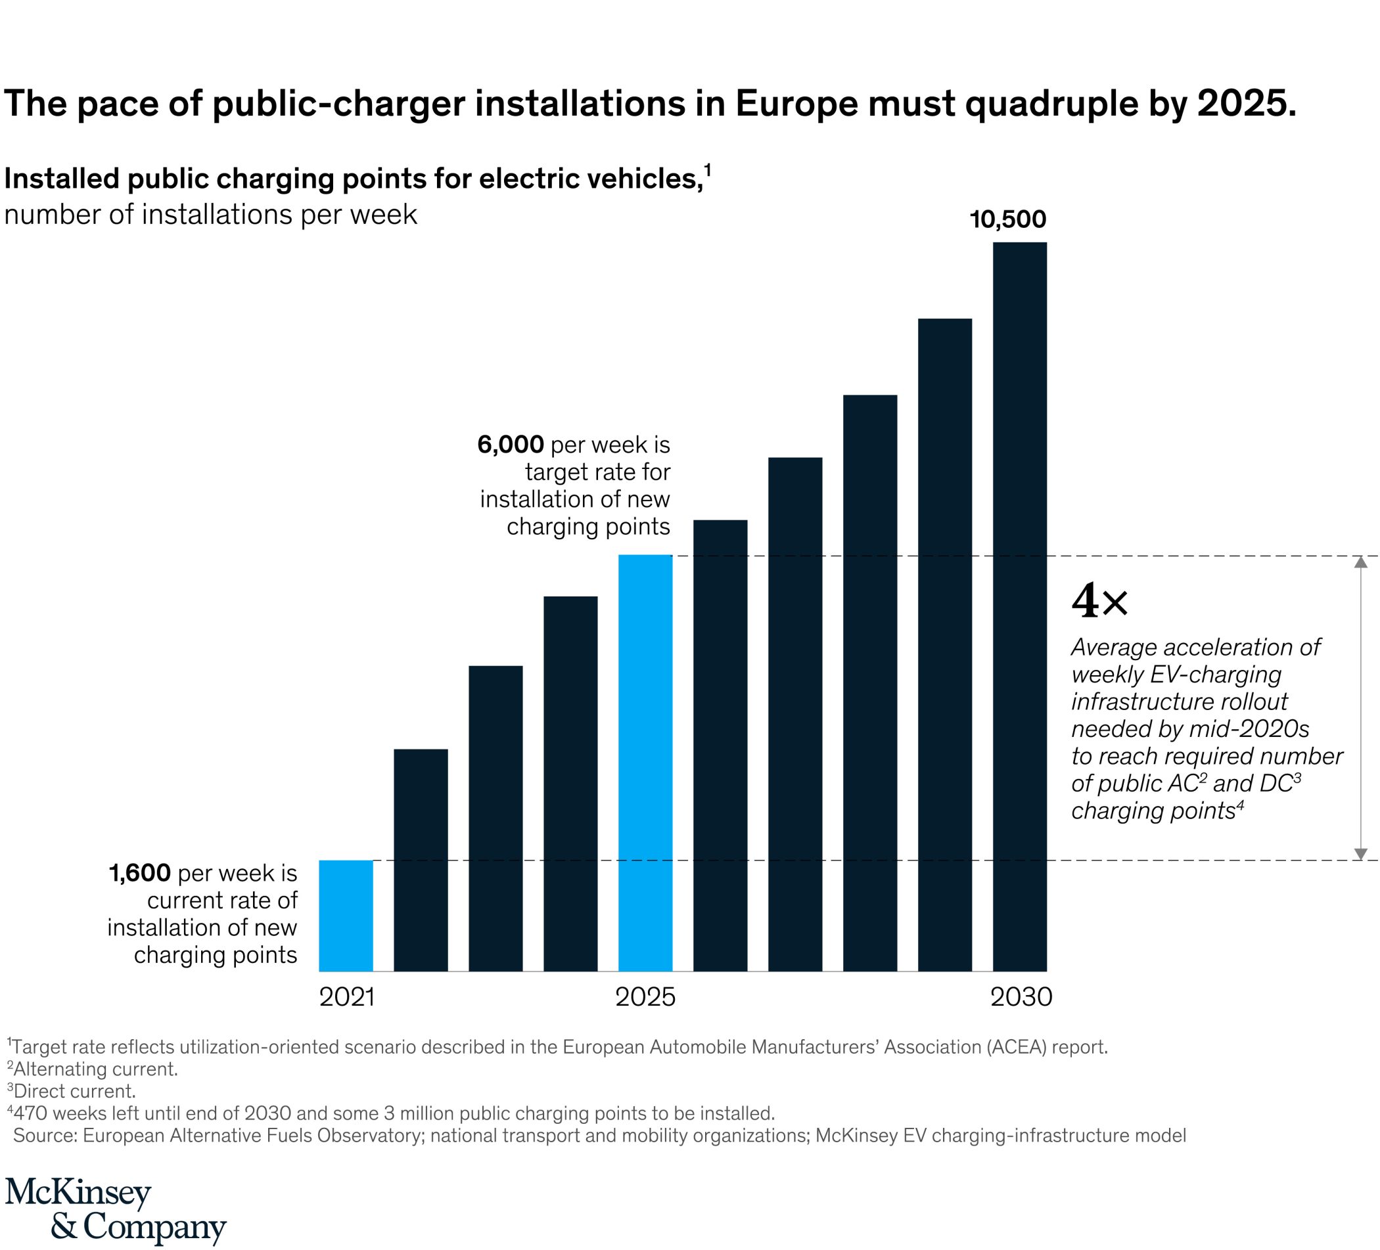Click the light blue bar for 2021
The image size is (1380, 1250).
tap(346, 915)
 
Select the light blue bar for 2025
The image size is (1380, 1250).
tap(645, 762)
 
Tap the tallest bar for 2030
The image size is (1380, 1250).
tap(1019, 606)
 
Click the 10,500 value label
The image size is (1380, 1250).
tap(1007, 219)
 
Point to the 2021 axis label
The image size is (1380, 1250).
tap(347, 997)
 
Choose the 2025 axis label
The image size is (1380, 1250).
tap(645, 997)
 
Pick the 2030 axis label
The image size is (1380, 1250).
tap(1021, 997)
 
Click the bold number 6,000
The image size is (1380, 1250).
tap(510, 445)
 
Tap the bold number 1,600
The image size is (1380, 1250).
tap(139, 873)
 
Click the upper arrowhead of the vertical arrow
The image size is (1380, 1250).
tap(1361, 562)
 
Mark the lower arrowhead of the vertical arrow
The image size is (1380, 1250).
tap(1361, 854)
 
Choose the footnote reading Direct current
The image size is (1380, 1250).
tap(74, 1090)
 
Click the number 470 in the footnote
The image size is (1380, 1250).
tap(32, 1113)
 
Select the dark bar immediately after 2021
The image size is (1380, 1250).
tap(421, 860)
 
